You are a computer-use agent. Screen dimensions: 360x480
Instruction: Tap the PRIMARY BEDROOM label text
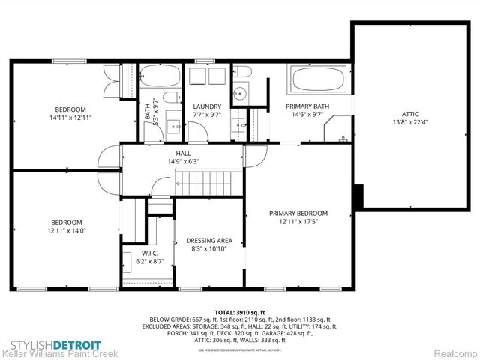pyautogui.click(x=298, y=214)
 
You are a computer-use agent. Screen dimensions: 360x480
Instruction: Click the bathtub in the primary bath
pyautogui.click(x=318, y=79)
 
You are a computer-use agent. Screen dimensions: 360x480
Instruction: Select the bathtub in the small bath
pyautogui.click(x=160, y=76)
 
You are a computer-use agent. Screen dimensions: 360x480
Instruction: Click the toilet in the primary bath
pyautogui.click(x=243, y=72)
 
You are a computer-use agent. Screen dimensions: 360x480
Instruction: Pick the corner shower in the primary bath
pyautogui.click(x=338, y=129)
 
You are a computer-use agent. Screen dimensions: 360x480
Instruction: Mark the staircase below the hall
pyautogui.click(x=209, y=182)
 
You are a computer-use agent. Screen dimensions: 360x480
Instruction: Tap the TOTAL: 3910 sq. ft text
pyautogui.click(x=240, y=312)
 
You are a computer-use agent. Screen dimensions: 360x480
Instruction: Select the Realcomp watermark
pyautogui.click(x=451, y=352)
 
